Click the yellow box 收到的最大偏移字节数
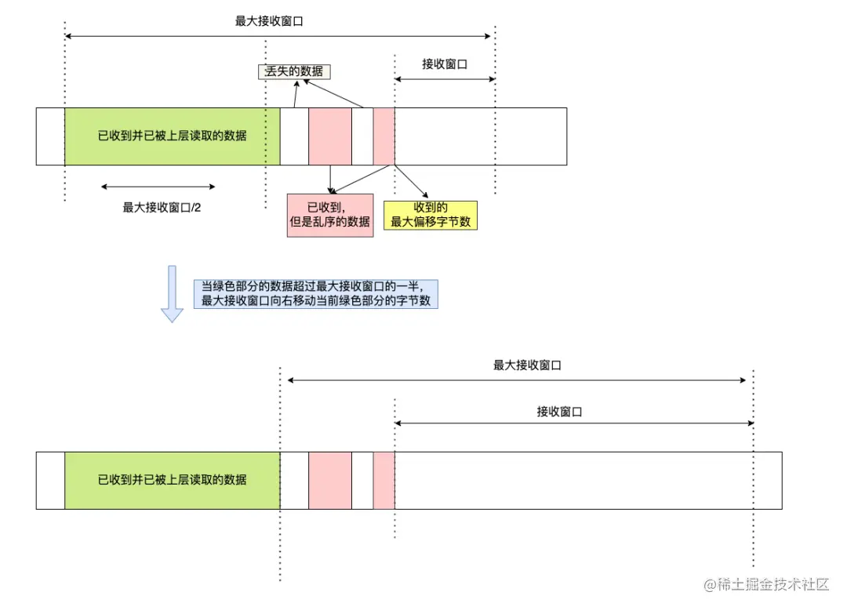431,214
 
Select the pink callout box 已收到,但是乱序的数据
330,214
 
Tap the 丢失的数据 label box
294,71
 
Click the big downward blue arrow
172,294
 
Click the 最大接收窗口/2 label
158,208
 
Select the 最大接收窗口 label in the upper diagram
269,21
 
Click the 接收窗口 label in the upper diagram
445,64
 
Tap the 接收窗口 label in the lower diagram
559,411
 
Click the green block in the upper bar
172,136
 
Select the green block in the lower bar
172,480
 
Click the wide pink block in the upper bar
330,136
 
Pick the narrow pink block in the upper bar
384,136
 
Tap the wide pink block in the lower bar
330,480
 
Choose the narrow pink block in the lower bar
384,480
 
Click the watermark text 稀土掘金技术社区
766,585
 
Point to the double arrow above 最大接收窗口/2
158,187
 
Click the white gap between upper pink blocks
362,136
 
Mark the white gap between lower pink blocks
362,480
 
